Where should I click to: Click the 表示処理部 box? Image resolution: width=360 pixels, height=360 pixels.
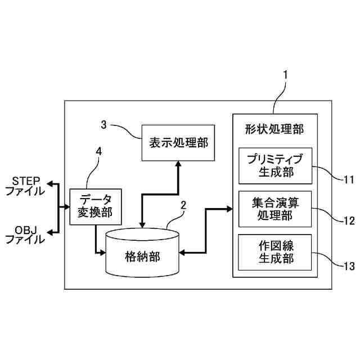tap(178, 142)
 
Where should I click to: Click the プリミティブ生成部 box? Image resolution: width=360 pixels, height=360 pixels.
tap(275, 165)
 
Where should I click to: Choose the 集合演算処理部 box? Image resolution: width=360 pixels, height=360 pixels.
tap(275, 209)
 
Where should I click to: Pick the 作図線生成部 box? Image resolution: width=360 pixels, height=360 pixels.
tap(275, 251)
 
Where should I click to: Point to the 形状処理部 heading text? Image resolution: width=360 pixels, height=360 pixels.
tap(275, 129)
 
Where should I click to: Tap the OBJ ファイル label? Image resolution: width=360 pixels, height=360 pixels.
tap(25, 234)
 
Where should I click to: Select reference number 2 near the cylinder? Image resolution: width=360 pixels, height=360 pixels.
tap(183, 206)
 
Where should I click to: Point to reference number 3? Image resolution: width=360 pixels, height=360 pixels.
tap(103, 124)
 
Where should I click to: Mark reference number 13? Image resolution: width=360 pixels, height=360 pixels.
tap(348, 264)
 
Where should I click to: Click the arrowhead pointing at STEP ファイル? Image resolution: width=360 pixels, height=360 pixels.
tap(49, 184)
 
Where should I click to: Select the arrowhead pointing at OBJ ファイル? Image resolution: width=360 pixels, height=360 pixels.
tap(49, 232)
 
